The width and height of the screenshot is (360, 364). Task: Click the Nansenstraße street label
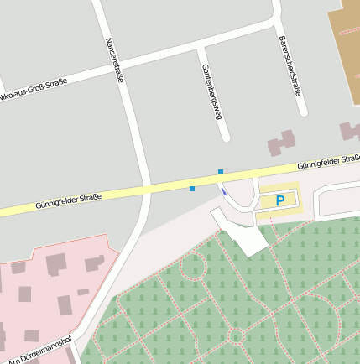click(115, 60)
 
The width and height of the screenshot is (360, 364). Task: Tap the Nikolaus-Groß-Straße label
click(34, 92)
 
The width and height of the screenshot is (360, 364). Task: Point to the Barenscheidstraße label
click(290, 65)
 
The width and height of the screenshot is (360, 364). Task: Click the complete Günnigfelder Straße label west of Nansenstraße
click(69, 200)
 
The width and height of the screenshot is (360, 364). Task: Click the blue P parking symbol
click(280, 200)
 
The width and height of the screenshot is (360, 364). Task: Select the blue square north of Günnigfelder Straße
click(221, 172)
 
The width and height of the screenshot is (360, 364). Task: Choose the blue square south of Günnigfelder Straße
click(192, 189)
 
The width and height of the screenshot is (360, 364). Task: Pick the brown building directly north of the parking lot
click(282, 143)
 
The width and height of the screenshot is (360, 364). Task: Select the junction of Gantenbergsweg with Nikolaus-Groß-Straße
click(199, 48)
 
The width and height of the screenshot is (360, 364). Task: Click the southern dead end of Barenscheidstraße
click(302, 112)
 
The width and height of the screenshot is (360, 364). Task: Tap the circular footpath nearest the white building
click(194, 267)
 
